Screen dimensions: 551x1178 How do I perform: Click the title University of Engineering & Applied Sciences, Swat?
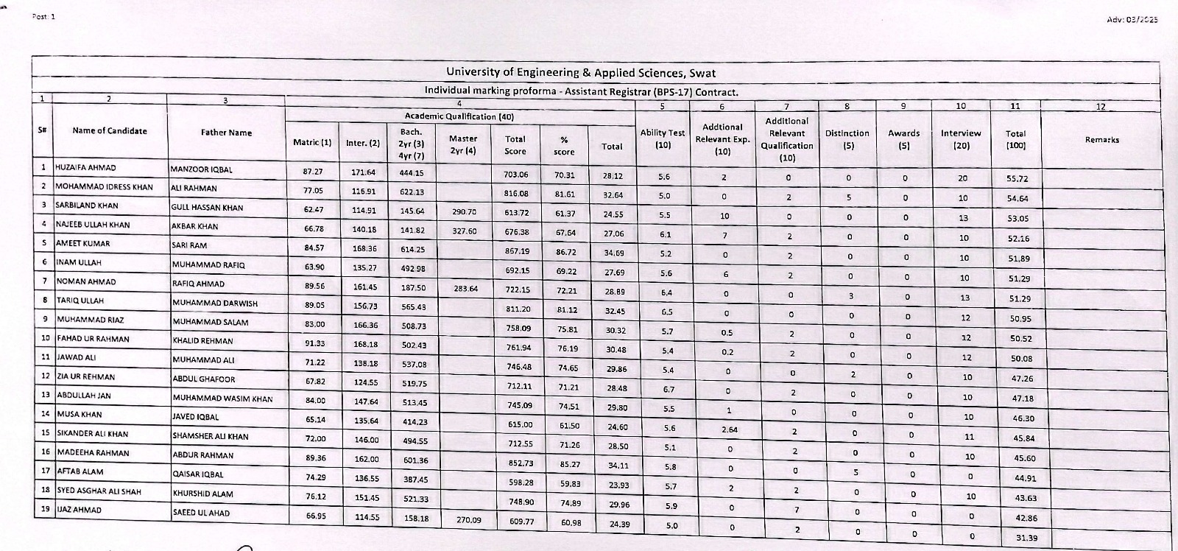point(581,73)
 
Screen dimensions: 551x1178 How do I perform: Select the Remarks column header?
point(1101,139)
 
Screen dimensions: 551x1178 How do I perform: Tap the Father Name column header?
point(226,133)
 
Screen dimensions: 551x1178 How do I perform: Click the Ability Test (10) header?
point(663,139)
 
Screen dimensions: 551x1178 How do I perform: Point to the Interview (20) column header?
point(961,139)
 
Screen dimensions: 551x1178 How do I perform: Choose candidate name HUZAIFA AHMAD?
point(85,168)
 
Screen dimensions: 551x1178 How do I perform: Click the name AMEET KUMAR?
point(82,244)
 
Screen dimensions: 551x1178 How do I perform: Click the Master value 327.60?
point(464,231)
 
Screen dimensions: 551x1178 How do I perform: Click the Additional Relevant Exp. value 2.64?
point(729,429)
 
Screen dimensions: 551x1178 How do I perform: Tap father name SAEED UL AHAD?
point(201,513)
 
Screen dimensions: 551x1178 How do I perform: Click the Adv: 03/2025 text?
point(1132,19)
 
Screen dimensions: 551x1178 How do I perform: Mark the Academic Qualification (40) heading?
point(459,116)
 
